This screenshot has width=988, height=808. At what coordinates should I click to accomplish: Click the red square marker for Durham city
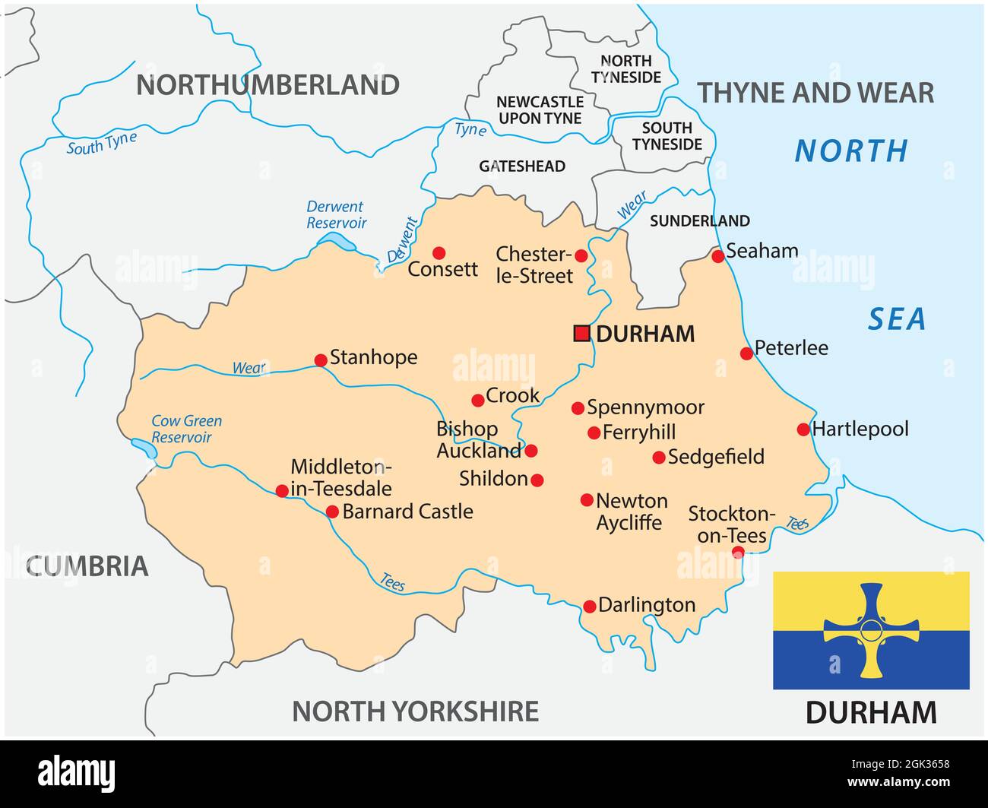(581, 333)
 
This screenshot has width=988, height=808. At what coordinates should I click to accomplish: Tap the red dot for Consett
(439, 252)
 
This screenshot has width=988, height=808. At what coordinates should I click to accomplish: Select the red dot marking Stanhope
(321, 360)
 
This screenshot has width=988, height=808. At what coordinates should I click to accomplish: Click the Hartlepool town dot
(803, 429)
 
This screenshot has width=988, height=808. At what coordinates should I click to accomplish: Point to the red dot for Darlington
(589, 607)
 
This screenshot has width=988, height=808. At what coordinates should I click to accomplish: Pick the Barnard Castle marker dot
(332, 512)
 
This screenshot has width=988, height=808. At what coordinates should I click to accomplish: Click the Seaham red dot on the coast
(717, 256)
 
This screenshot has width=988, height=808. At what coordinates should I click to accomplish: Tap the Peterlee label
(791, 348)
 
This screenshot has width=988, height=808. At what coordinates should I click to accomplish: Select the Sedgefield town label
(716, 457)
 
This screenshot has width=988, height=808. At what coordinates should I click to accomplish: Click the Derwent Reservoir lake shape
(337, 242)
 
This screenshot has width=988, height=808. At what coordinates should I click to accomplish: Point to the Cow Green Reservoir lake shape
(144, 448)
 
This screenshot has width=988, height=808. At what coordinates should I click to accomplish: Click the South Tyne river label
(101, 143)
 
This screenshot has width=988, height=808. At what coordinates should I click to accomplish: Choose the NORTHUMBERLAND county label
(268, 85)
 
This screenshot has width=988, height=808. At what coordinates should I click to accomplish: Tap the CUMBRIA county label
(87, 566)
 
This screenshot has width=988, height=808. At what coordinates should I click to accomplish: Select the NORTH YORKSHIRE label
(415, 711)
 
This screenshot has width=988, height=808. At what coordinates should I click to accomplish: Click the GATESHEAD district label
(521, 166)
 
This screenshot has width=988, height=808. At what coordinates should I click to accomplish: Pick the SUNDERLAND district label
(699, 221)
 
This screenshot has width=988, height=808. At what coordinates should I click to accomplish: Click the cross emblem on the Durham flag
(871, 630)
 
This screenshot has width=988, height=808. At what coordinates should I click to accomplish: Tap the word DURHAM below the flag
(871, 713)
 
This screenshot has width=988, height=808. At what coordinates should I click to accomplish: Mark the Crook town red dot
(477, 401)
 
